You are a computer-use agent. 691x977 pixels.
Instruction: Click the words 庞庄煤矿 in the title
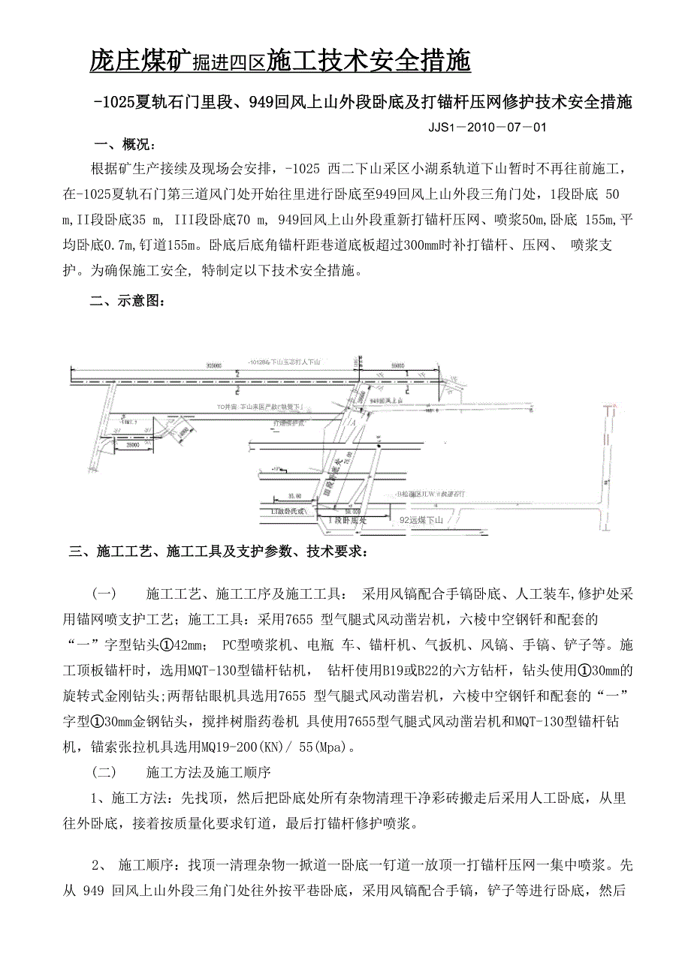(139, 61)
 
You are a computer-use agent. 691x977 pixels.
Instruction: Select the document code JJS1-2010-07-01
(487, 127)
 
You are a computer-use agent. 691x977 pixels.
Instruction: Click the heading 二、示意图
(124, 302)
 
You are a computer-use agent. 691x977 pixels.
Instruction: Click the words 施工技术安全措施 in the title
(369, 61)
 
